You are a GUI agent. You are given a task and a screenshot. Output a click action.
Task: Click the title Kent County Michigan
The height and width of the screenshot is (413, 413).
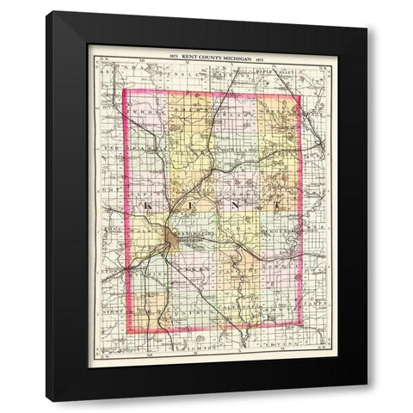pyautogui.click(x=210, y=53)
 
